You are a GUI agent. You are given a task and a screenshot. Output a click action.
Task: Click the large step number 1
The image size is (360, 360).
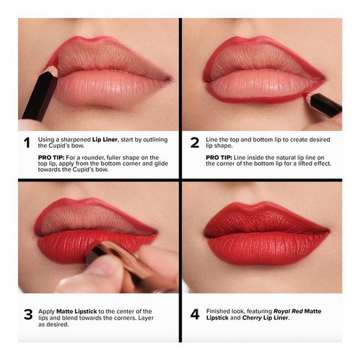(x=27, y=143)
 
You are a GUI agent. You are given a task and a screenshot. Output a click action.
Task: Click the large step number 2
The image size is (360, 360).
(x=194, y=143)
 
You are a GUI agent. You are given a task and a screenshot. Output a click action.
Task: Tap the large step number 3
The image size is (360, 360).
(x=28, y=315)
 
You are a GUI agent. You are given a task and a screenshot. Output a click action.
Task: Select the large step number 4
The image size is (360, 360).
(x=194, y=315)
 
